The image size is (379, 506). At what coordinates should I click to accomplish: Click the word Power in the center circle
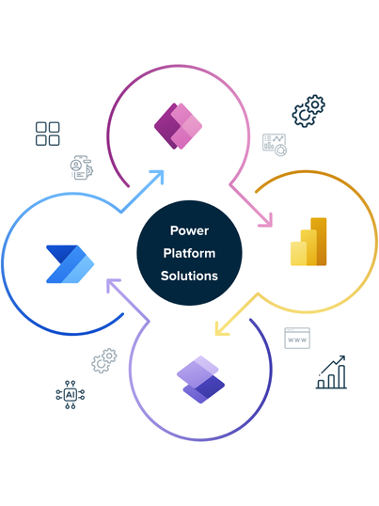coord(189,230)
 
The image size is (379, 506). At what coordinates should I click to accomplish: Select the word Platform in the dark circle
coord(189,253)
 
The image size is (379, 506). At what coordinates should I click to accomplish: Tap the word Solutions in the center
coord(189,276)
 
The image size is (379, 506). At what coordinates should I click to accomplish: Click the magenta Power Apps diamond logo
coord(178,126)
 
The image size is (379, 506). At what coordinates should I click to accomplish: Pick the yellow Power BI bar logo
coord(308,242)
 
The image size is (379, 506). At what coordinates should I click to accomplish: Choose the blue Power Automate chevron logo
coord(70,264)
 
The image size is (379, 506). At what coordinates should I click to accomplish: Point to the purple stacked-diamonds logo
coord(200,380)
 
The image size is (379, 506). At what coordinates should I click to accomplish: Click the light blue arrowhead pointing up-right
coord(158,176)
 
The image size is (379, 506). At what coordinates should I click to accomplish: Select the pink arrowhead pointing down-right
coord(267,221)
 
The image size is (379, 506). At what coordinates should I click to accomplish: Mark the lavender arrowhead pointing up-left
coord(112,285)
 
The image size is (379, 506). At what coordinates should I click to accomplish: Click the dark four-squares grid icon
coord(47,134)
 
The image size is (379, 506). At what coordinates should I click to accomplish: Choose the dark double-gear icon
coord(308,111)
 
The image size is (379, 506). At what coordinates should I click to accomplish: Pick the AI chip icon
coord(71,395)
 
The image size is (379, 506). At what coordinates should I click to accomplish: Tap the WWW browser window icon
coord(297,339)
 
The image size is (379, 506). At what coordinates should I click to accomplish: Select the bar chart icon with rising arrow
coord(331,372)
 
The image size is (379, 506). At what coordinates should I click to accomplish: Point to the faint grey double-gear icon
coord(104,360)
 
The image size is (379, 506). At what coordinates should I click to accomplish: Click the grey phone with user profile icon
coord(82,167)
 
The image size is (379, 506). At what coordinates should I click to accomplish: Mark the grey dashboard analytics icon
coord(275,145)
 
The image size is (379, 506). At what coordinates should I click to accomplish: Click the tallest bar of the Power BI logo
coord(319,242)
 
